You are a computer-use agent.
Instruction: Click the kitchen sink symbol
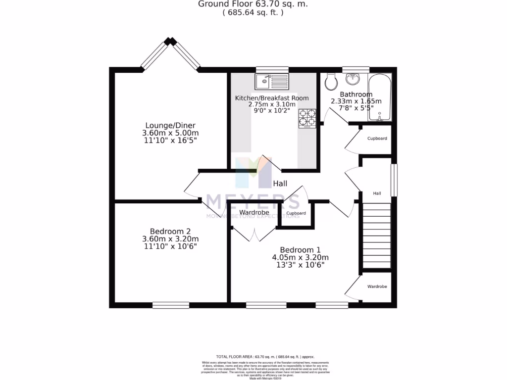point(271,81)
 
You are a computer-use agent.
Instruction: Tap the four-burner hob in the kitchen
point(307,119)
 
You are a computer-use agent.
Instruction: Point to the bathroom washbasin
point(354,79)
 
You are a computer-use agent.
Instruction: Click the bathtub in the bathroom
point(380,98)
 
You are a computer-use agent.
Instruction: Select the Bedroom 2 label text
point(170,231)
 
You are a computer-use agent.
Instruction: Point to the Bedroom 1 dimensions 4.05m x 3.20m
point(300,257)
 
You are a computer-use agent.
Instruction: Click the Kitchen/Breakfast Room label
point(272,97)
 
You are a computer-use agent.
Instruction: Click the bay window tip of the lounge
point(171,42)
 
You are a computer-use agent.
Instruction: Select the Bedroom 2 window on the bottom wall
point(170,305)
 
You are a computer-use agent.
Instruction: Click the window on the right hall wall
point(394,180)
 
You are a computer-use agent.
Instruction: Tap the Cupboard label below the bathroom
point(377,139)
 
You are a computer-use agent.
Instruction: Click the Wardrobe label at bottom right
point(377,286)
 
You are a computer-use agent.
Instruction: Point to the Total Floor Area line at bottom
point(265,356)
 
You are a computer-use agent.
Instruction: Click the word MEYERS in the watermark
point(253,202)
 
